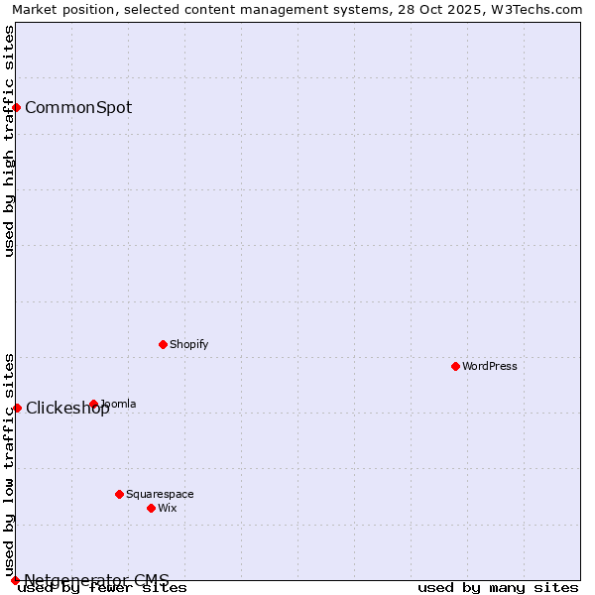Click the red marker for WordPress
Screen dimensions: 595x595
click(x=455, y=366)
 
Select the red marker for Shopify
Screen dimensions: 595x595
click(x=163, y=344)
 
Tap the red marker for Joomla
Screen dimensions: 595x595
click(x=93, y=404)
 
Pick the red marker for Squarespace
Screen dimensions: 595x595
click(x=119, y=494)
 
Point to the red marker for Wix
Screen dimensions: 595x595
click(x=151, y=508)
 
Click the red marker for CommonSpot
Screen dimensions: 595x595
click(x=16, y=107)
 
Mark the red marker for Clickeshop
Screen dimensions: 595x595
click(x=16, y=408)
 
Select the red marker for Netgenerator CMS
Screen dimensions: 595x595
click(x=15, y=580)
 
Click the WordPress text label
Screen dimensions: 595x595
click(x=490, y=366)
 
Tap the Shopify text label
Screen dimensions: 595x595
click(x=188, y=344)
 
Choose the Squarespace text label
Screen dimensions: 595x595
click(x=160, y=494)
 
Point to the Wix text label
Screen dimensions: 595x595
click(x=167, y=508)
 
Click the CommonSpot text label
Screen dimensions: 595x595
click(x=78, y=107)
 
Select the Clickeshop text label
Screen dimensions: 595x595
click(x=67, y=408)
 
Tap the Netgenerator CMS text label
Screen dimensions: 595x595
click(x=96, y=580)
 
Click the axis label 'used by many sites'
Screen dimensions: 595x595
click(x=498, y=588)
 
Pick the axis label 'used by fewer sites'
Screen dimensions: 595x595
click(x=102, y=588)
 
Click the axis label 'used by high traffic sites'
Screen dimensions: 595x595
click(x=9, y=141)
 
